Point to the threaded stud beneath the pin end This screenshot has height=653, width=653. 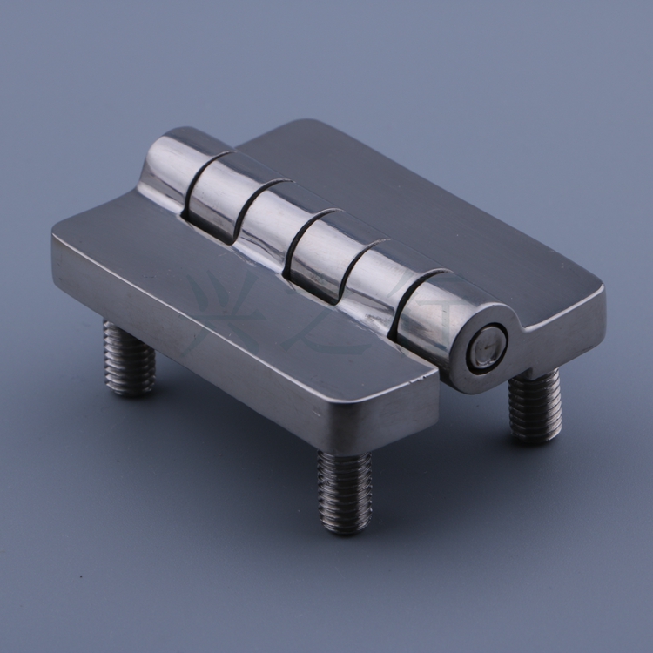(534, 405)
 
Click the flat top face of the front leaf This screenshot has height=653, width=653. (218, 279)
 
